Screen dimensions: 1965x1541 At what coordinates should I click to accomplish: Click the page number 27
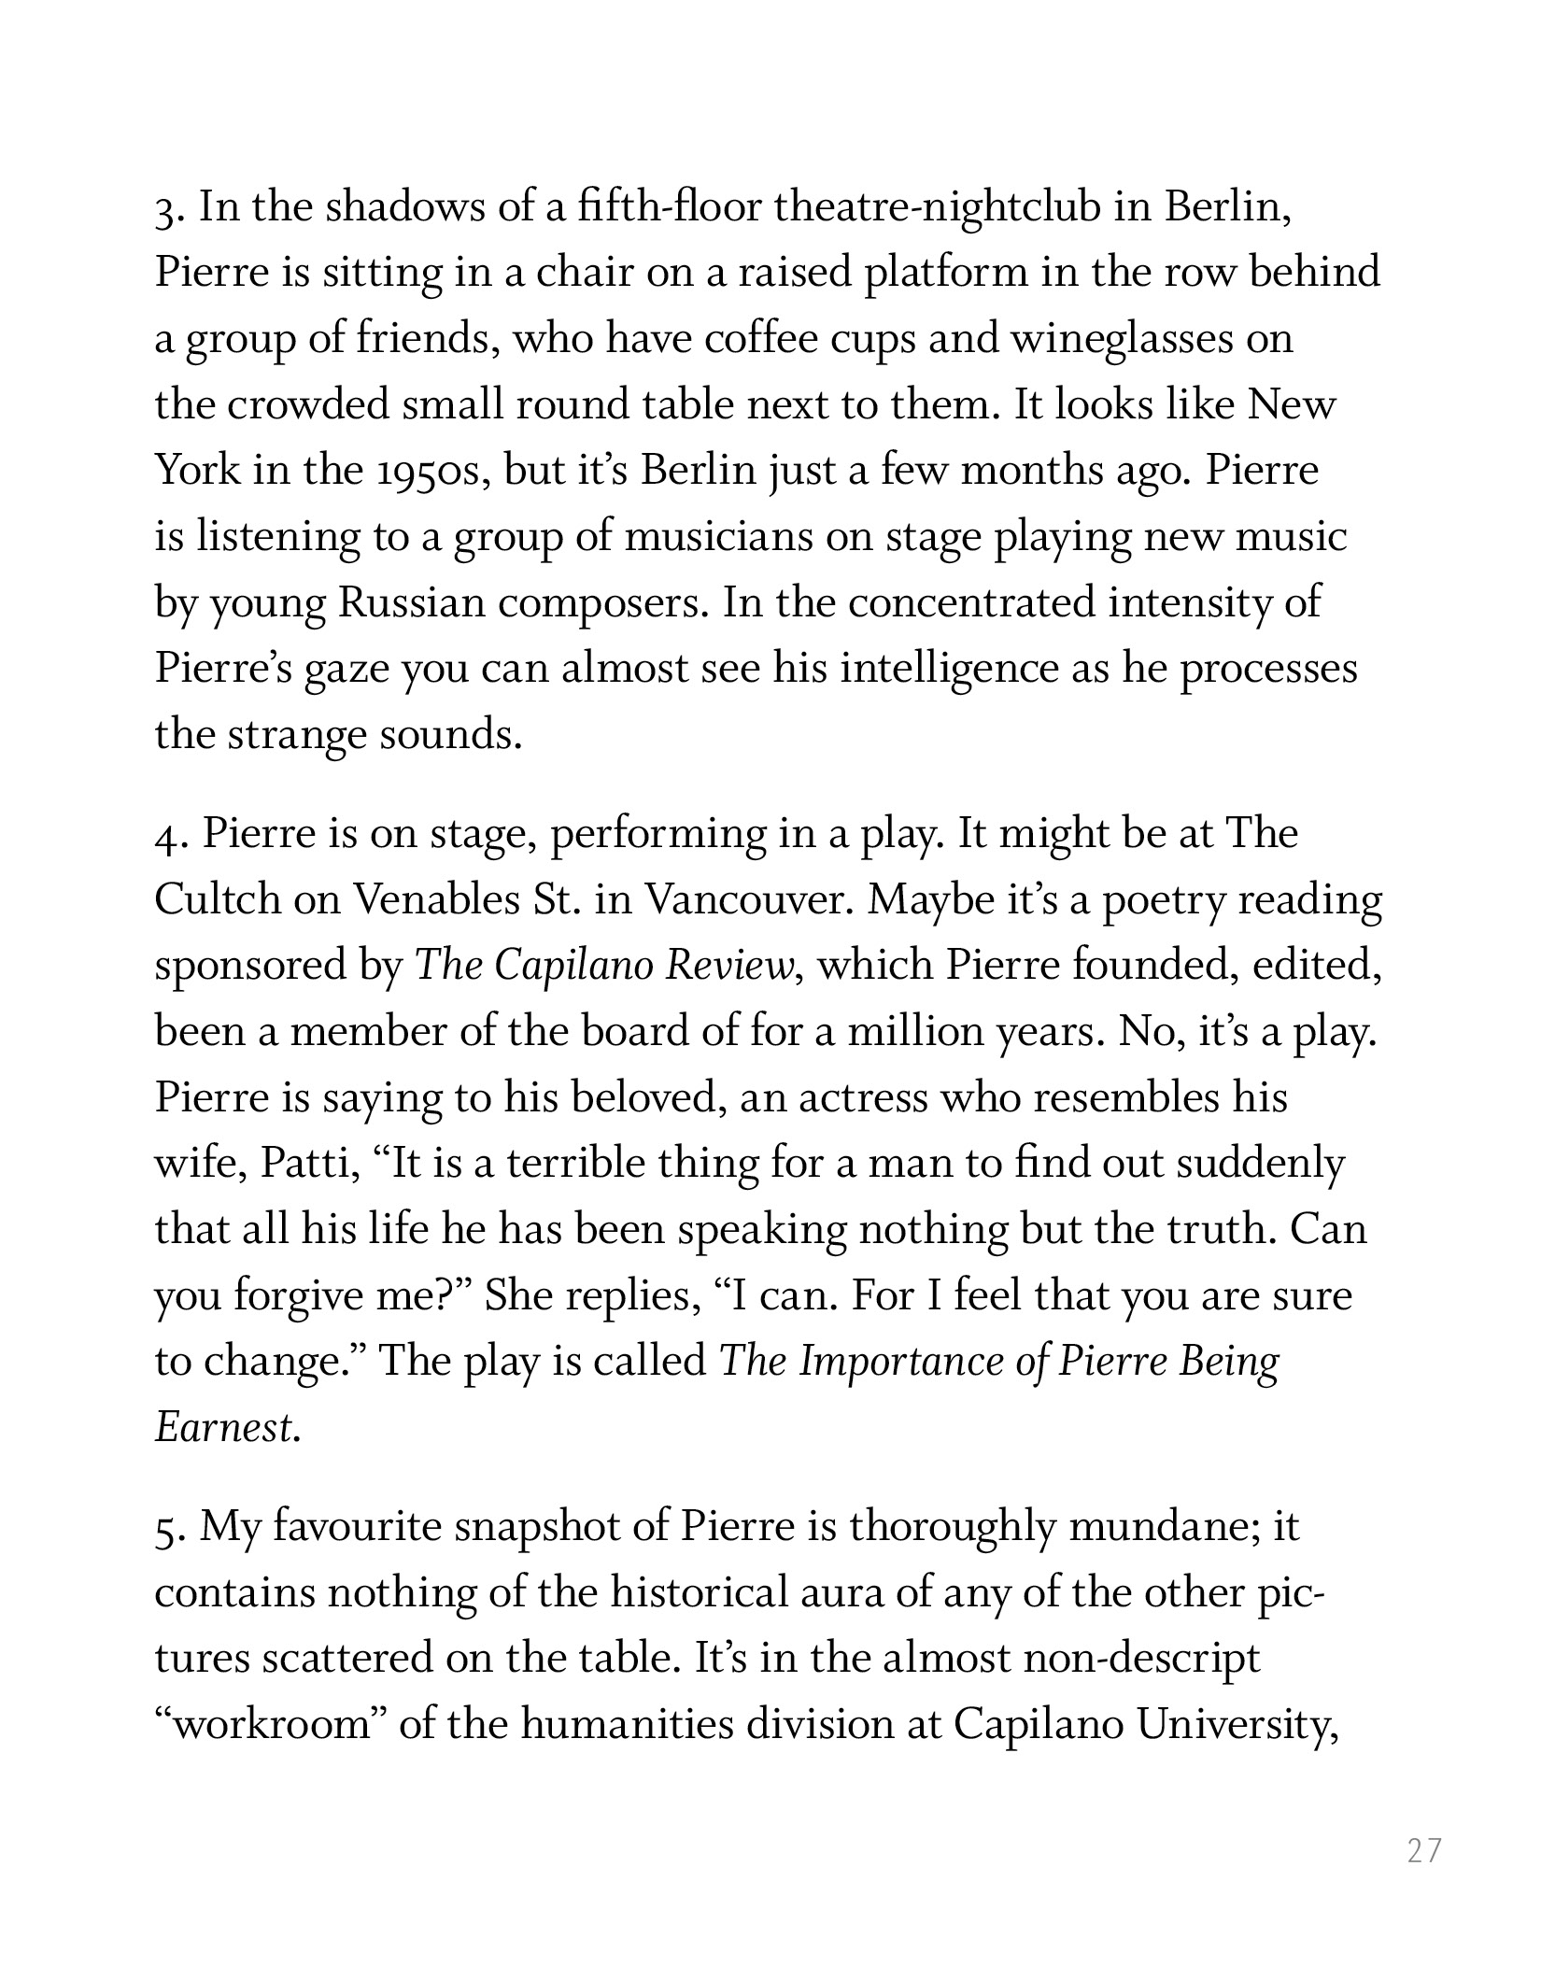[x=1424, y=1850]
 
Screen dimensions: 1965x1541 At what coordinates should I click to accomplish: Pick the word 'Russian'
[x=411, y=602]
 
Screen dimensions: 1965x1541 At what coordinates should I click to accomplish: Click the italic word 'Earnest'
[x=225, y=1428]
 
